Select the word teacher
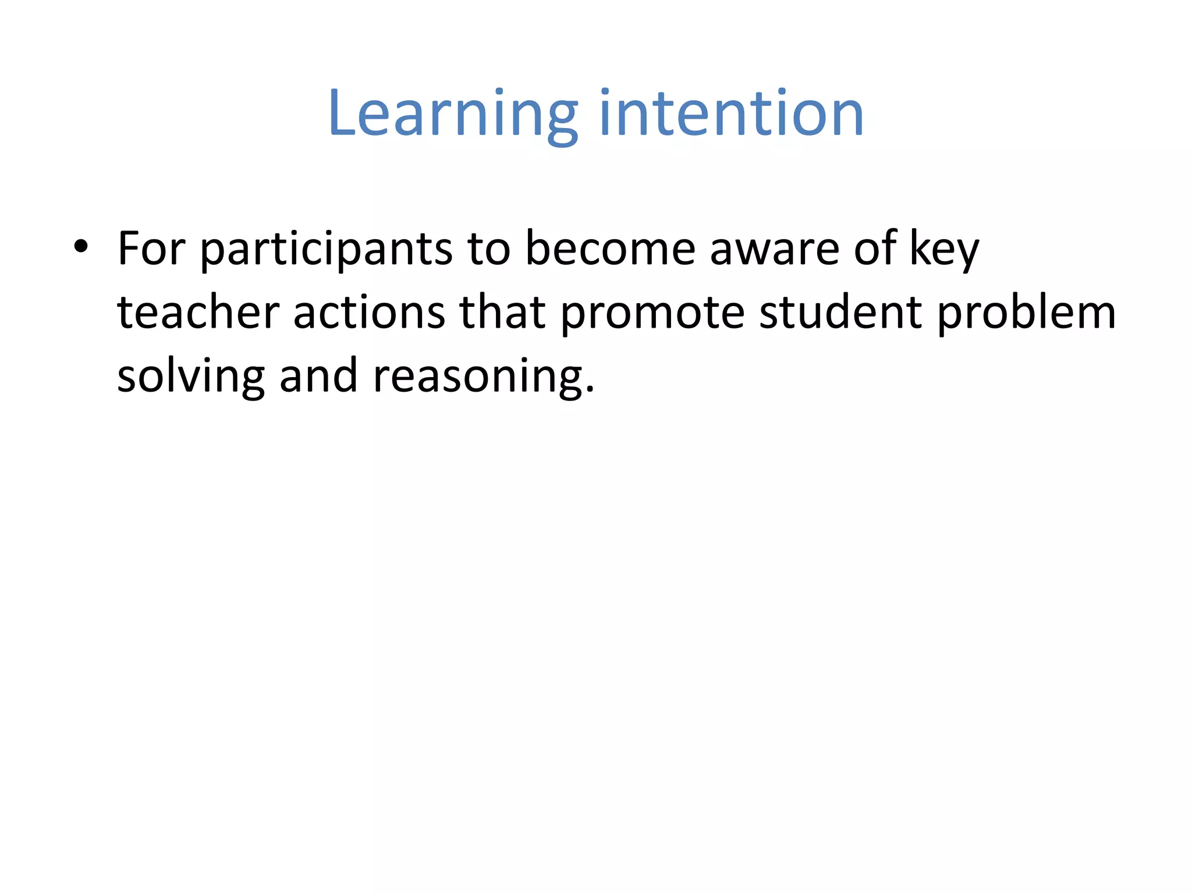point(198,313)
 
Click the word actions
point(369,313)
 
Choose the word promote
point(652,314)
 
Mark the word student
point(840,313)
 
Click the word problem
point(1026,314)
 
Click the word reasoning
point(477,378)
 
